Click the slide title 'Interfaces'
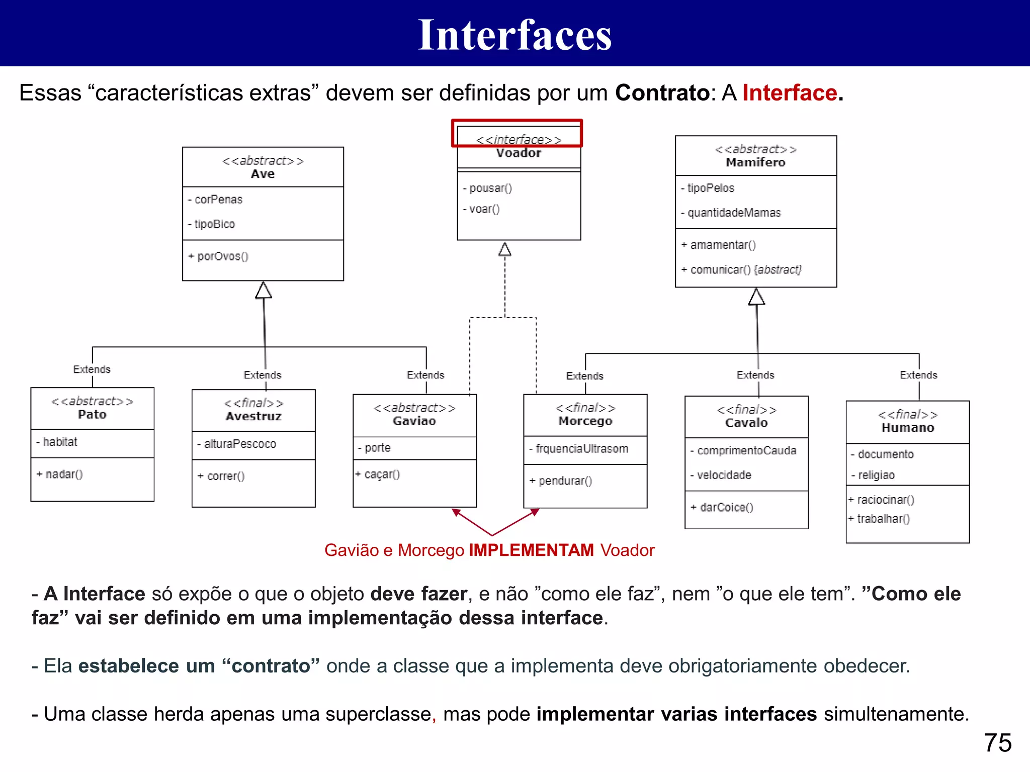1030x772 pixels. coord(514,35)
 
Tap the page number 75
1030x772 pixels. coord(997,742)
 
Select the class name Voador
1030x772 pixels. coord(519,153)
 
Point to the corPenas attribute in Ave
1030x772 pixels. coord(218,200)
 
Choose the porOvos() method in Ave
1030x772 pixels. coord(222,256)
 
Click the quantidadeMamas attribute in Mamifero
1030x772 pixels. coord(734,213)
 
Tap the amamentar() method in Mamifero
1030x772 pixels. coord(722,245)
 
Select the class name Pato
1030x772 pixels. coord(92,415)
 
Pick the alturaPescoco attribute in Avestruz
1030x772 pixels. coord(239,444)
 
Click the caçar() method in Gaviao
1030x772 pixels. coord(382,474)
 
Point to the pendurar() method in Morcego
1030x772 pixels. coord(565,481)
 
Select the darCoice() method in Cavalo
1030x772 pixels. coord(726,508)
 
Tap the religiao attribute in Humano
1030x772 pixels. coord(876,475)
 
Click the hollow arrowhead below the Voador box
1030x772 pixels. coord(505,249)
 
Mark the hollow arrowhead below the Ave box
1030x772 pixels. coord(264,290)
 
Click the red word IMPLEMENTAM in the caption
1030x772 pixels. coord(531,550)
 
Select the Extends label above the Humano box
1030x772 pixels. coord(918,375)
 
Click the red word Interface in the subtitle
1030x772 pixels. coord(790,93)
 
